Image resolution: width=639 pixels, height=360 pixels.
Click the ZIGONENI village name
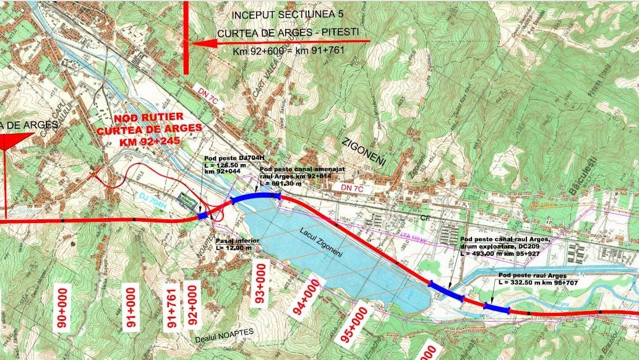pos(364,151)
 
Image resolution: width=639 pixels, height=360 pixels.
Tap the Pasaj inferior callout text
pos(234,244)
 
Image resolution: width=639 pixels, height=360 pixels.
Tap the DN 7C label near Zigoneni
pos(342,187)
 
